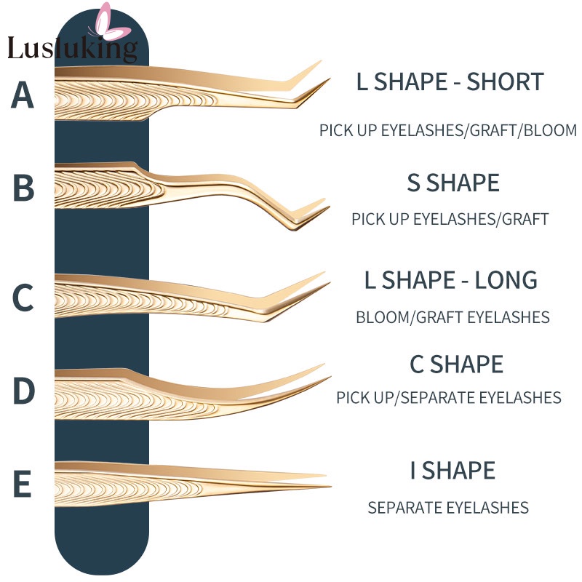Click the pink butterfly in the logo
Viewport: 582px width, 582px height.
pyautogui.click(x=111, y=23)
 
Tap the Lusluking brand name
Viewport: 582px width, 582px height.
pyautogui.click(x=73, y=49)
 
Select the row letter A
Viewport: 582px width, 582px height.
pyautogui.click(x=23, y=95)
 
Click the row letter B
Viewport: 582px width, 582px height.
pyautogui.click(x=23, y=188)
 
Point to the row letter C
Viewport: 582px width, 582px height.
pyautogui.click(x=23, y=298)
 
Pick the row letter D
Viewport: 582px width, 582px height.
pyautogui.click(x=24, y=390)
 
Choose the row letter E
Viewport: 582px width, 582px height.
pyautogui.click(x=23, y=483)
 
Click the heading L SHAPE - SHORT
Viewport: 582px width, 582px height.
pyautogui.click(x=450, y=81)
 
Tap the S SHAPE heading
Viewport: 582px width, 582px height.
pyautogui.click(x=453, y=183)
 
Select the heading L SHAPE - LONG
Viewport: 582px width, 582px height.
pyautogui.click(x=450, y=280)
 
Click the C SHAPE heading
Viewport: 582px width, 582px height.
pyautogui.click(x=456, y=364)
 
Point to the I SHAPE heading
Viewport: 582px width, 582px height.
pyautogui.click(x=453, y=470)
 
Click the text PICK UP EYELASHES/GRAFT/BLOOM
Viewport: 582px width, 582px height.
pyautogui.click(x=448, y=130)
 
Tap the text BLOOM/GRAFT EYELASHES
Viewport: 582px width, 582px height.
pyautogui.click(x=453, y=317)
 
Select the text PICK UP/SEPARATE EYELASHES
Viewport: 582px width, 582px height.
pyautogui.click(x=448, y=397)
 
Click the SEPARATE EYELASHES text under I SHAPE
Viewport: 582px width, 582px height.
pyautogui.click(x=448, y=507)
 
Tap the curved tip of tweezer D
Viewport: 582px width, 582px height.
pyautogui.click(x=330, y=378)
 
